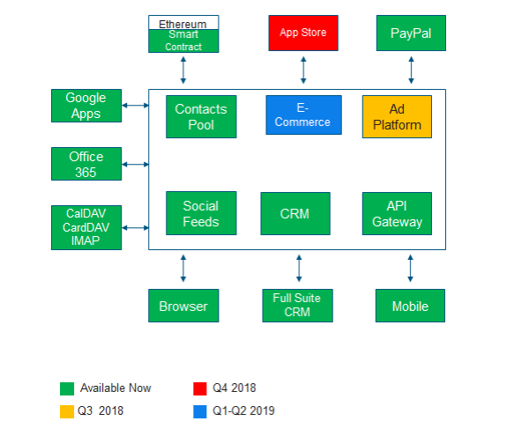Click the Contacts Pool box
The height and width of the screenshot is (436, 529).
click(201, 116)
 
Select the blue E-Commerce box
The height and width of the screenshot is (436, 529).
click(302, 115)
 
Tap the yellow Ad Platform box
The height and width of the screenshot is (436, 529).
click(397, 116)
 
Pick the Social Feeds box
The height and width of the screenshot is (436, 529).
click(201, 213)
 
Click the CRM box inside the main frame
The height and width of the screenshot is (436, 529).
click(294, 213)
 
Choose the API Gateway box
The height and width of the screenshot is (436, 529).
click(397, 213)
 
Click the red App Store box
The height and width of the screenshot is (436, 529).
click(302, 33)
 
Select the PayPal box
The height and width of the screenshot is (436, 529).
click(410, 33)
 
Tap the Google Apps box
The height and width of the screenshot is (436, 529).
click(86, 106)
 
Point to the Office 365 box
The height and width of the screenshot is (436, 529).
click(86, 164)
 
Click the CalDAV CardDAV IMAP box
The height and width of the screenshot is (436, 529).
click(86, 227)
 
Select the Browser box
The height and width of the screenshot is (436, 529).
click(183, 306)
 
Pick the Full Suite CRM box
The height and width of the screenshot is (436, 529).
click(297, 305)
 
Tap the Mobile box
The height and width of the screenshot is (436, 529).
click(410, 306)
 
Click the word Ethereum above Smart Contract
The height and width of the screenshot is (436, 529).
click(183, 23)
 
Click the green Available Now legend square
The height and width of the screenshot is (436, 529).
click(67, 388)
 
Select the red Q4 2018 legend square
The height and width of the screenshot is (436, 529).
click(199, 388)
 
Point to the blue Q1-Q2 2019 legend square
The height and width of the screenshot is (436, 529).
click(199, 410)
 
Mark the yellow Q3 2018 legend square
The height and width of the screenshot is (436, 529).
click(67, 410)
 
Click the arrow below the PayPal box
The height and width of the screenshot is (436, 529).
click(411, 69)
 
